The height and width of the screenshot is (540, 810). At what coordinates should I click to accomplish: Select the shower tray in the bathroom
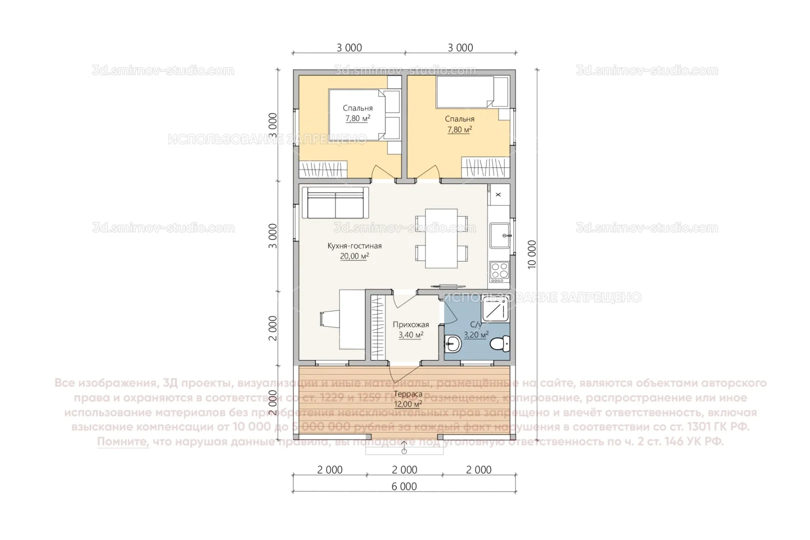[x=495, y=310]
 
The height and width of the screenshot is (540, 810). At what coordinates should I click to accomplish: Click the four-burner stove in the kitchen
[x=499, y=270]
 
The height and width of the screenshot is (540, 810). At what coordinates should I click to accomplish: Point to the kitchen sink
[x=499, y=235]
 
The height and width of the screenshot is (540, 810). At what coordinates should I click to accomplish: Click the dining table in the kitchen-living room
[x=441, y=238]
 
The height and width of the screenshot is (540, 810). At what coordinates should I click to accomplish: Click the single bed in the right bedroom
[x=465, y=92]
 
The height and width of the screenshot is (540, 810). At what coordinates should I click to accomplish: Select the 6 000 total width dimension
[x=404, y=486]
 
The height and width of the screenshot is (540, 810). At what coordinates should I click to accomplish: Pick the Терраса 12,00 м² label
[x=407, y=399]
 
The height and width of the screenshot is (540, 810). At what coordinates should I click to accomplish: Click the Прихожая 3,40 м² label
[x=410, y=329]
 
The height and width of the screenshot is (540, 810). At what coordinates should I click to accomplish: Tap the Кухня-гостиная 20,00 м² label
[x=354, y=250]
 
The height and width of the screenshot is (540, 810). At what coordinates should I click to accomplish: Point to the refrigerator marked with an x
[x=498, y=194]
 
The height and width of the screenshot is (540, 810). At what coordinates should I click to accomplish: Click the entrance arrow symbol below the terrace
[x=404, y=450]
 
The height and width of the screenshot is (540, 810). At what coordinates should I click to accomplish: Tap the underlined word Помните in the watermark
[x=123, y=441]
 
